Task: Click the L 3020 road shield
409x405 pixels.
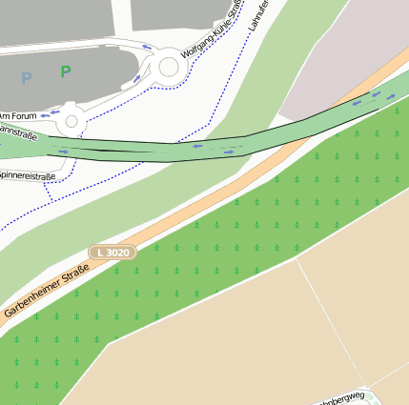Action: point(113,252)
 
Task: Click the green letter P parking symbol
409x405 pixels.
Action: point(65,71)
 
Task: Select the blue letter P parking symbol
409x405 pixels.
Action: point(27,78)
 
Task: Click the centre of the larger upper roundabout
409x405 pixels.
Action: point(170,67)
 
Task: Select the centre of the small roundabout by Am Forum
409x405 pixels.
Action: point(71,121)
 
